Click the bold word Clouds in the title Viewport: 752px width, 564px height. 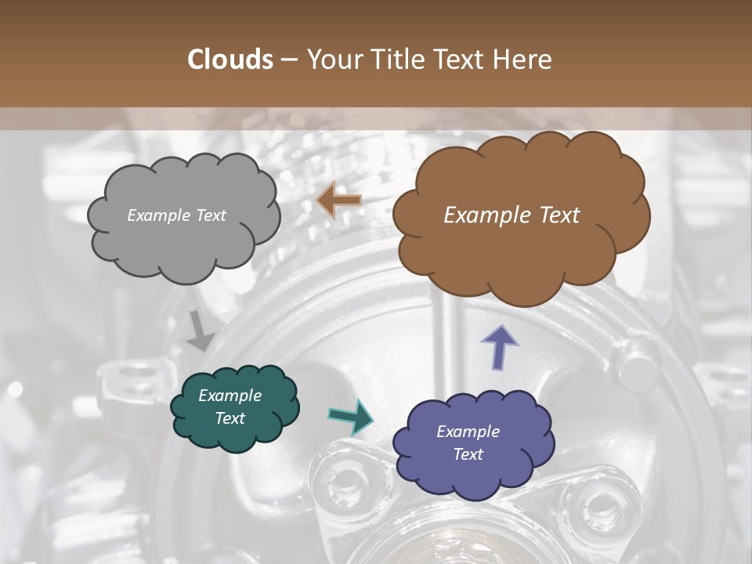(230, 60)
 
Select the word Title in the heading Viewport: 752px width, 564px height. (399, 60)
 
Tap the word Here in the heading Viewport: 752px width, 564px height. (523, 60)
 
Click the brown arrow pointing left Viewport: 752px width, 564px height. (338, 201)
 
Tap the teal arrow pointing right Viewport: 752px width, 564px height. (350, 416)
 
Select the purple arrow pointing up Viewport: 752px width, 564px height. (500, 347)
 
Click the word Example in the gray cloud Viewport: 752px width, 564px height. (157, 215)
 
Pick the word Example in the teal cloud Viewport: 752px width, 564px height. (230, 396)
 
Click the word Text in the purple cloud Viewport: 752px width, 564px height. (468, 454)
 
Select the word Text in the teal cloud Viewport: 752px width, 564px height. (230, 418)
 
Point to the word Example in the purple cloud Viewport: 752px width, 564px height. (468, 432)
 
